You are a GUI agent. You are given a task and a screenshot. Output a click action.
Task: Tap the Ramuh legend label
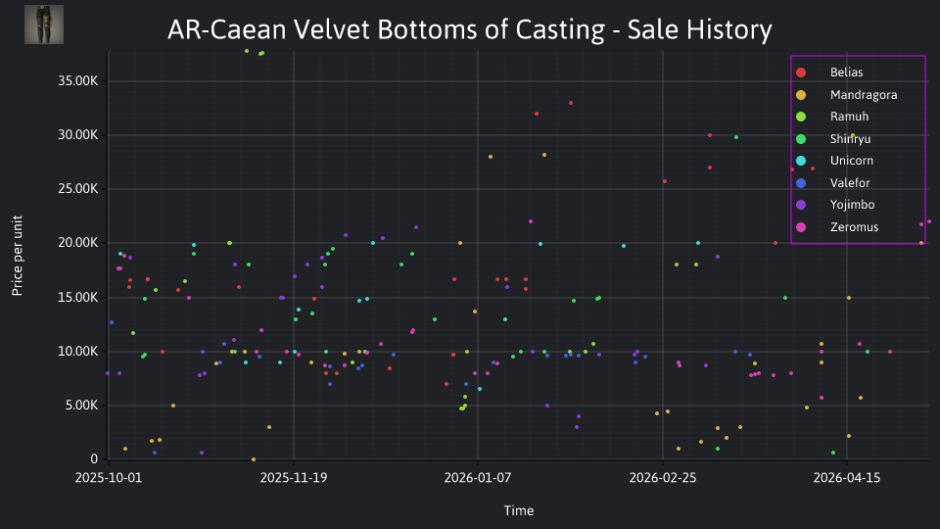click(x=849, y=117)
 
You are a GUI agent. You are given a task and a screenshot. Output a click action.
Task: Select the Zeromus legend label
click(x=854, y=227)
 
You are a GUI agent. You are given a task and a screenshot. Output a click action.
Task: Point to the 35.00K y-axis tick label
click(x=78, y=81)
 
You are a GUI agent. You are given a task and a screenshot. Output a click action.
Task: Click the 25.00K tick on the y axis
click(x=78, y=189)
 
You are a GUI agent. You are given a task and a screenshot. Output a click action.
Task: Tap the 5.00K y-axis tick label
click(x=81, y=406)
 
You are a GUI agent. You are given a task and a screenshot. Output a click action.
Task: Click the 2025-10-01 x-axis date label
click(x=109, y=478)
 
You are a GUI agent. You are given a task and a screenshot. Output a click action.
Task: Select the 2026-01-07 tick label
click(x=478, y=478)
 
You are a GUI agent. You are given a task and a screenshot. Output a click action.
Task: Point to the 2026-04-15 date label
click(x=846, y=478)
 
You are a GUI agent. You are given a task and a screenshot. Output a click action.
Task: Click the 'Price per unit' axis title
click(x=18, y=256)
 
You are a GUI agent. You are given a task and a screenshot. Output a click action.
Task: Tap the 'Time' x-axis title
click(x=519, y=510)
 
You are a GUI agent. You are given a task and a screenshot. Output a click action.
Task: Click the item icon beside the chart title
click(x=44, y=24)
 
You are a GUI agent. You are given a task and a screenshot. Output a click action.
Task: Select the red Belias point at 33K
click(x=571, y=103)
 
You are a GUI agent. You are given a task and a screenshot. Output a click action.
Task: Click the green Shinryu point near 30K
click(x=736, y=137)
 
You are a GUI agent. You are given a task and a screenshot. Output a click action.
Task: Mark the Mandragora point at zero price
click(x=254, y=459)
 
